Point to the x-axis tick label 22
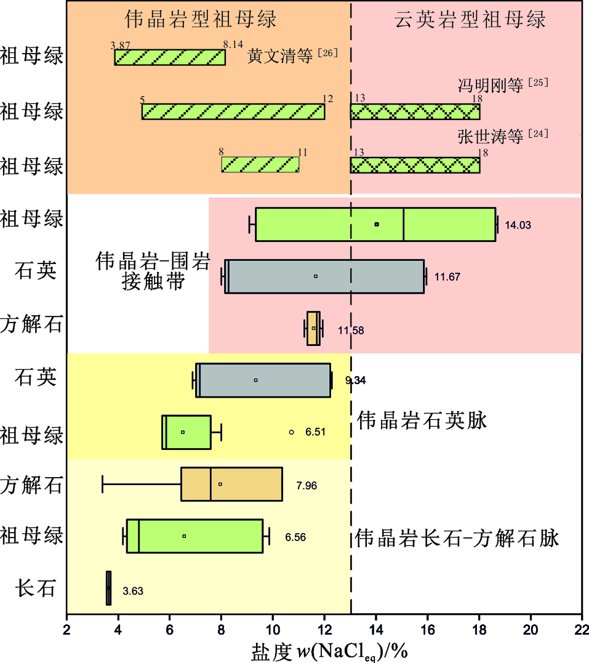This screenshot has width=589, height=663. [581, 629]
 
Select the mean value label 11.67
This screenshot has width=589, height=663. [448, 277]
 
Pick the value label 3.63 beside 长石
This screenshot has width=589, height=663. [133, 592]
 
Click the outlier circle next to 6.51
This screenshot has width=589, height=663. [292, 432]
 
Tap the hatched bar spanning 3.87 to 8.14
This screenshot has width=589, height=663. [170, 57]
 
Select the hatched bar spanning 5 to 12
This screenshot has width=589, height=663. [233, 111]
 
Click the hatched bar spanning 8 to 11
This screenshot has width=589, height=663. [260, 165]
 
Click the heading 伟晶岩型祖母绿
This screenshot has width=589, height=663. [201, 19]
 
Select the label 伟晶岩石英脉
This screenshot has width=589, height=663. [422, 421]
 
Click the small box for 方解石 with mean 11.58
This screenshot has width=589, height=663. [313, 329]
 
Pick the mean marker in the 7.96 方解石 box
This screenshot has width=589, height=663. [220, 484]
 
